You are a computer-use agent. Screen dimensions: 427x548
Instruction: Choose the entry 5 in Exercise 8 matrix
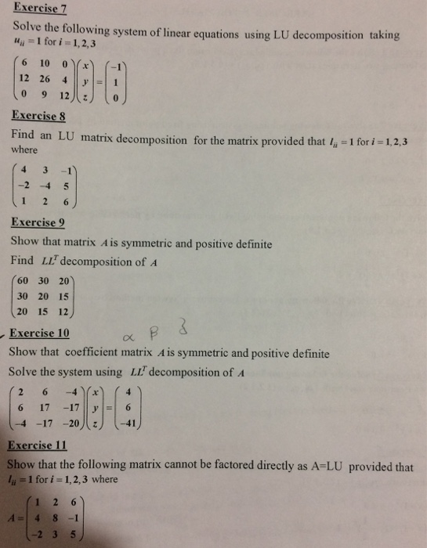pyautogui.click(x=67, y=186)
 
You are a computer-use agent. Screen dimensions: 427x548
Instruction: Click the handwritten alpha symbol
pyautogui.click(x=129, y=337)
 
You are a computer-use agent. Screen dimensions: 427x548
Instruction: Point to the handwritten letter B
pyautogui.click(x=157, y=331)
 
